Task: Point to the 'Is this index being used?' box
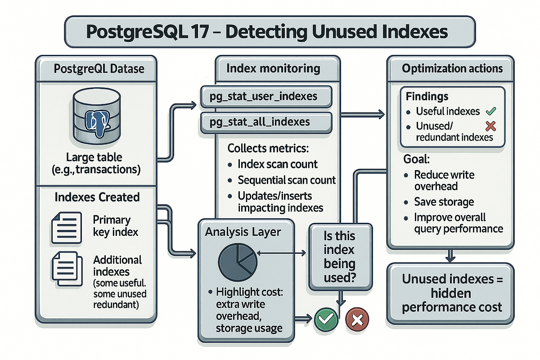point(339,256)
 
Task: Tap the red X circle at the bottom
point(357,319)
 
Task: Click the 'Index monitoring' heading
point(273,69)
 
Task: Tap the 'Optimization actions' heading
point(452,69)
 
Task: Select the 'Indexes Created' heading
point(97,197)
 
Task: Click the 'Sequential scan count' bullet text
point(287,180)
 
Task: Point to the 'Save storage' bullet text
point(444,202)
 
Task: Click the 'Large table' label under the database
point(96,158)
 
